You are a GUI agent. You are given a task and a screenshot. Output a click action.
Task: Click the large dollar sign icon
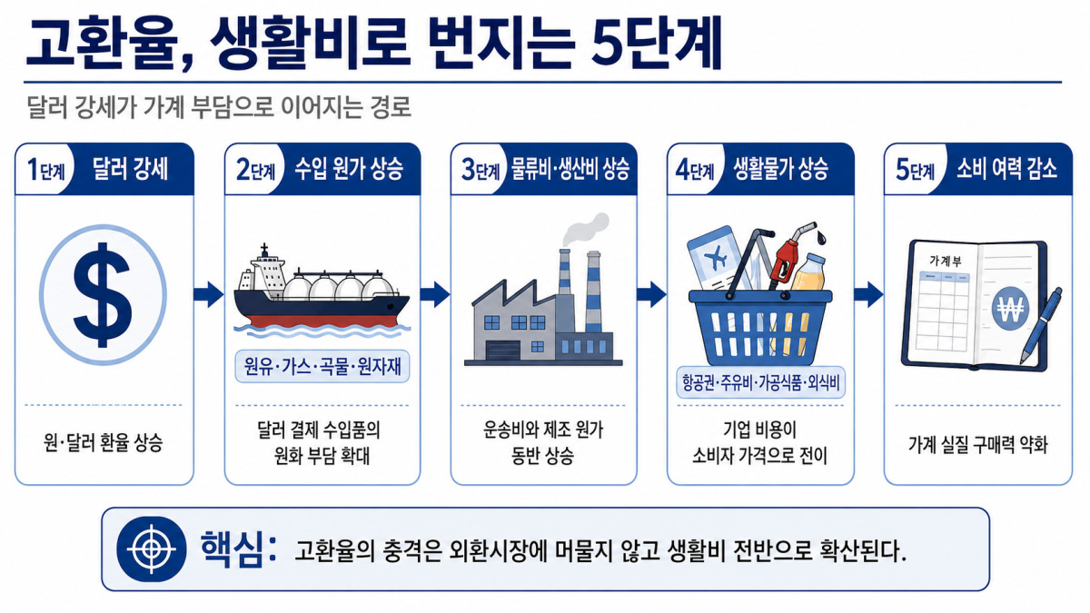[x=103, y=295]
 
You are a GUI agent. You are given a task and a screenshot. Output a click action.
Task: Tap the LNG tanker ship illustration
[x=322, y=291]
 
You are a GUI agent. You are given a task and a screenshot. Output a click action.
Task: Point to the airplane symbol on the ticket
[x=716, y=257]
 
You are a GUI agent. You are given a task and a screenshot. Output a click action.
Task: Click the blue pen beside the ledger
[x=1041, y=325]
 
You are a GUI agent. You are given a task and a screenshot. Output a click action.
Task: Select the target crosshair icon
[x=152, y=549]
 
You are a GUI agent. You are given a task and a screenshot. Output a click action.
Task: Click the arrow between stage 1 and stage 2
[x=209, y=294]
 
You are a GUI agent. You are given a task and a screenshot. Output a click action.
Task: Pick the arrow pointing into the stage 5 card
[x=869, y=294]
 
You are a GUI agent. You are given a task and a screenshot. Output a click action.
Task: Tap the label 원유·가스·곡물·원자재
[x=322, y=366]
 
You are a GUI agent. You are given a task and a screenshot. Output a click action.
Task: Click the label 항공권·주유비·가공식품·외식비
[x=760, y=383]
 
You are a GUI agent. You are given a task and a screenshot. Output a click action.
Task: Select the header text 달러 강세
[x=130, y=169]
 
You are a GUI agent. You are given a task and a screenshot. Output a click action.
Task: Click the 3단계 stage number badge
[x=481, y=170]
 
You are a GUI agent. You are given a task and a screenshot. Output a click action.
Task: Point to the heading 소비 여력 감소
[x=1006, y=169]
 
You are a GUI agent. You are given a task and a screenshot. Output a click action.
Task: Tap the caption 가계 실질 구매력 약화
[x=978, y=444]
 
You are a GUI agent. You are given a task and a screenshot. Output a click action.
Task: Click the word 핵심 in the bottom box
[x=232, y=549]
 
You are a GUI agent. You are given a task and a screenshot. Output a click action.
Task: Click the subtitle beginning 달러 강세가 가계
[x=219, y=107]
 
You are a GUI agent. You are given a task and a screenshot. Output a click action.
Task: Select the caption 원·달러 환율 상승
[x=103, y=443]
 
